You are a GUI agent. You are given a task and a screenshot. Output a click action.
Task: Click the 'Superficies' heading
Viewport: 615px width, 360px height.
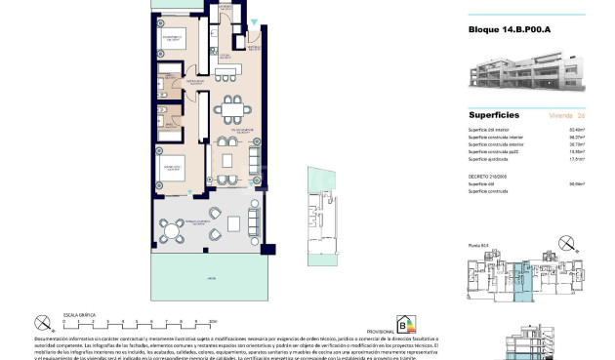click(x=494, y=113)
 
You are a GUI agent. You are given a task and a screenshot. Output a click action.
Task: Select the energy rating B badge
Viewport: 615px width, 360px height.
click(x=402, y=324)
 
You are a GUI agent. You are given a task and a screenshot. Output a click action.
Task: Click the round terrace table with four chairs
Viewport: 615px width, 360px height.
click(x=175, y=232)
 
